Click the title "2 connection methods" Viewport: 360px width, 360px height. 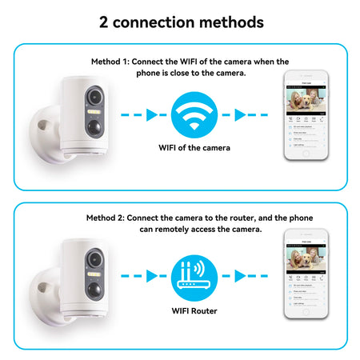[x=180, y=21]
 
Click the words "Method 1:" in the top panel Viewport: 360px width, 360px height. [x=110, y=61]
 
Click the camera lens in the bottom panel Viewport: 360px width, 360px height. [x=94, y=261]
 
